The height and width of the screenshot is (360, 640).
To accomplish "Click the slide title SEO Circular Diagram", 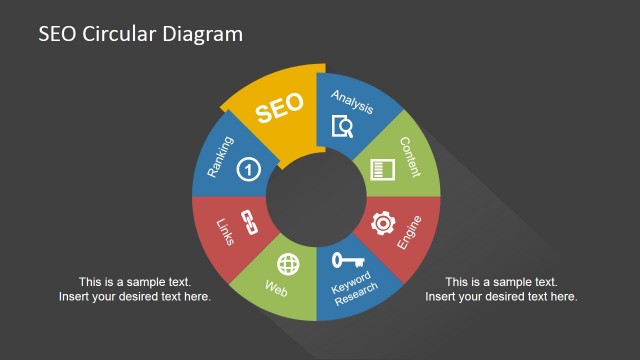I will (140, 34).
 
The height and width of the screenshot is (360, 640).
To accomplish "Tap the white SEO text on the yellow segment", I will (279, 109).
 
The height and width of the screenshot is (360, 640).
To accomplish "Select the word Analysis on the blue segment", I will (353, 100).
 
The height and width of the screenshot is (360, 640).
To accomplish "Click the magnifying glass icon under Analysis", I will (343, 127).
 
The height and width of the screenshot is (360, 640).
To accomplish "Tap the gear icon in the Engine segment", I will (383, 223).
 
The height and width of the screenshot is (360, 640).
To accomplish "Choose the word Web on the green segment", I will (277, 290).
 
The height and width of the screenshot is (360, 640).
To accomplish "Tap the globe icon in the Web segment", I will (288, 264).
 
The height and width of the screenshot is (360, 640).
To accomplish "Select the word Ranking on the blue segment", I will (221, 158).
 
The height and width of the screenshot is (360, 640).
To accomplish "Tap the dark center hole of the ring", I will (315, 197).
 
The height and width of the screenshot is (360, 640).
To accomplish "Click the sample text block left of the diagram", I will (135, 289).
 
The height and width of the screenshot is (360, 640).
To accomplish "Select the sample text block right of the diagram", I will (501, 289).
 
